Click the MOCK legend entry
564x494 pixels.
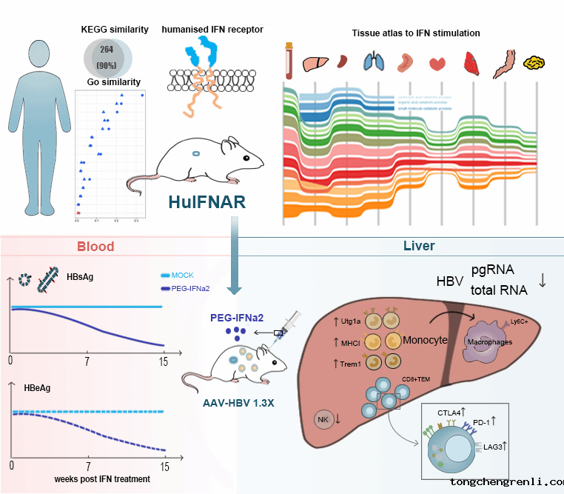182,275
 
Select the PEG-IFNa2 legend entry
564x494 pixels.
192,289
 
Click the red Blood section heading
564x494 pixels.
96,246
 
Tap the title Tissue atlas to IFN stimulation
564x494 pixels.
415,33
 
